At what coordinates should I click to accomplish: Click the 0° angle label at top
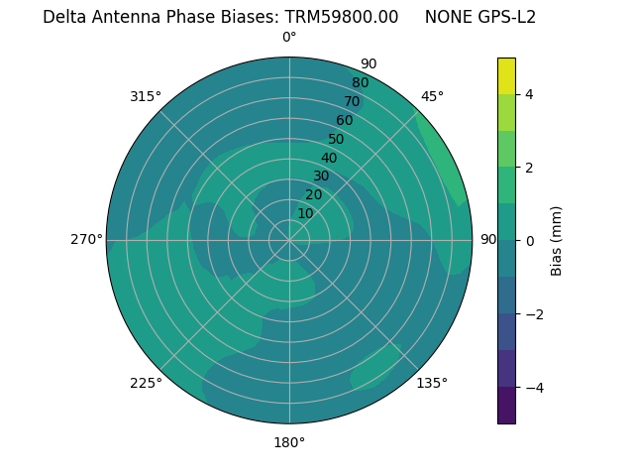click(x=289, y=38)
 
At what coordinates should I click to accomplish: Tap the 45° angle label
click(x=432, y=96)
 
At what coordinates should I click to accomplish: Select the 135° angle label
click(x=432, y=383)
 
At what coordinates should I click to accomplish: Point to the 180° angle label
click(x=289, y=442)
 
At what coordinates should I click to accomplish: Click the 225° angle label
click(x=146, y=383)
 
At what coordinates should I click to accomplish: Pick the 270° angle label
click(x=86, y=239)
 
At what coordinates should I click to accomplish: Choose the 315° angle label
click(x=146, y=96)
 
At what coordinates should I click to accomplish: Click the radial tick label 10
click(x=305, y=213)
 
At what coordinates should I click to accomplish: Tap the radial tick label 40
click(x=329, y=158)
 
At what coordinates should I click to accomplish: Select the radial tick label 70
click(x=352, y=101)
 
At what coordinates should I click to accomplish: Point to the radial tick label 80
click(x=360, y=82)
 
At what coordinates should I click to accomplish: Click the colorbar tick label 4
click(x=529, y=94)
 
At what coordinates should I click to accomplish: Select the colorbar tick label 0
click(x=529, y=241)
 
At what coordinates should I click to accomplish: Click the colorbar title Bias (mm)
click(x=557, y=241)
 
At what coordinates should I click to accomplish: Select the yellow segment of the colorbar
click(x=506, y=75)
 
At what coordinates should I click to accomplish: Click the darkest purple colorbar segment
click(x=506, y=405)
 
